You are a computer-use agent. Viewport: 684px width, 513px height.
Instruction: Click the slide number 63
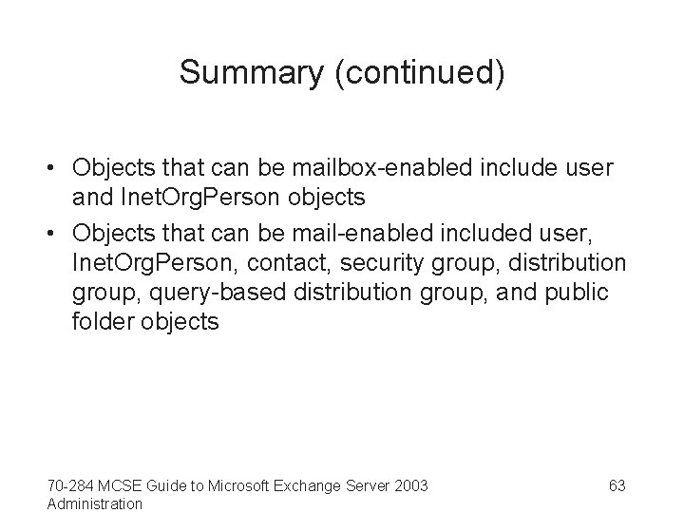coord(617,485)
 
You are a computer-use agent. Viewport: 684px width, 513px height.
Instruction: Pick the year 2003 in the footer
coord(410,485)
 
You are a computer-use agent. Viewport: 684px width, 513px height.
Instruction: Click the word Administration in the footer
coord(94,503)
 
